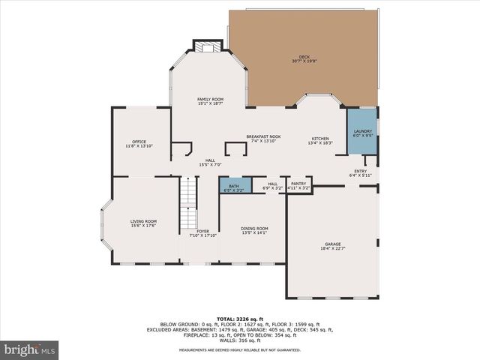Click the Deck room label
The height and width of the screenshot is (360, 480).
304,58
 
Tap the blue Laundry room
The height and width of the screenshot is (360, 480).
362,132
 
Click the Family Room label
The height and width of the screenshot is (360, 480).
210,101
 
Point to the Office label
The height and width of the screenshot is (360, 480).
139,143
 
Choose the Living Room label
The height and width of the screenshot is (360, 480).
143,223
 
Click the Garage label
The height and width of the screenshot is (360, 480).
332,247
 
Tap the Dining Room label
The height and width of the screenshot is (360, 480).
254,230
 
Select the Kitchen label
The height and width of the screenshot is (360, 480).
320,140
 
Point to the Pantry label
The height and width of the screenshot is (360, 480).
298,185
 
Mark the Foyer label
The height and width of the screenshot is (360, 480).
202,233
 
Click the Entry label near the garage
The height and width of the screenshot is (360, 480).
361,173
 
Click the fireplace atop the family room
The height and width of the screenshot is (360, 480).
205,47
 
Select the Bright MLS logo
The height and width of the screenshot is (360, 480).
30,349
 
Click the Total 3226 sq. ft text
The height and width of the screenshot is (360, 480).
239,319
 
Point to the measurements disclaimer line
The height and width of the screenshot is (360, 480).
239,350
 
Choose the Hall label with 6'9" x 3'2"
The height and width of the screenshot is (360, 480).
272,185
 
